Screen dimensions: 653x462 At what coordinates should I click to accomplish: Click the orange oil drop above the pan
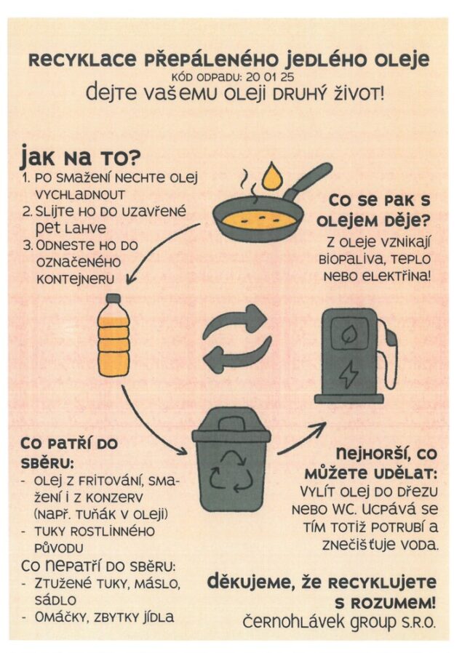272,176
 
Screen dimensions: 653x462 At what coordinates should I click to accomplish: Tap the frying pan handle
312,180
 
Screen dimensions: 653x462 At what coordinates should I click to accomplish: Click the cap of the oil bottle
113,298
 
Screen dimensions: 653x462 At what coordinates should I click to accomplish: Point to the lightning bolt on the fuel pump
350,373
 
